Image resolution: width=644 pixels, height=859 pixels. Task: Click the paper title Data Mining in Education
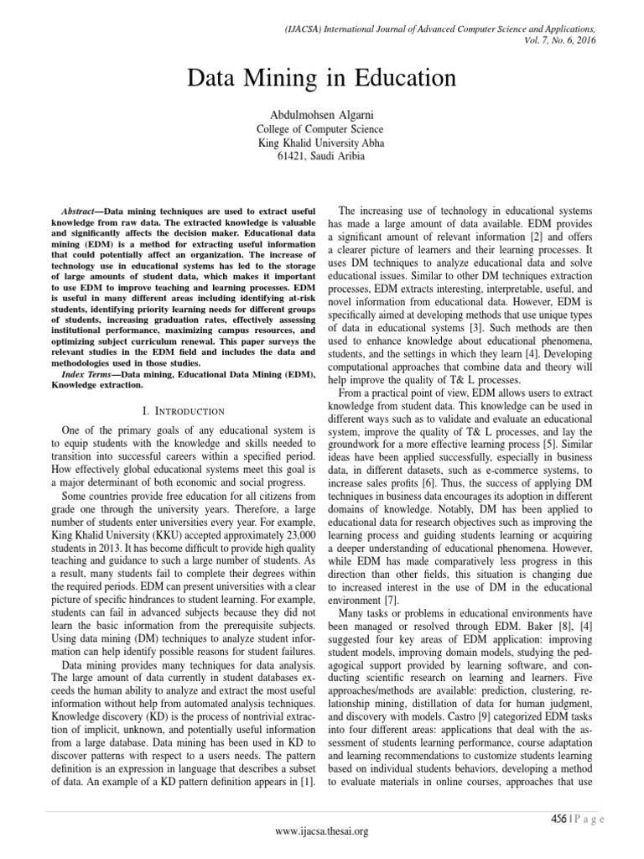coord(322,80)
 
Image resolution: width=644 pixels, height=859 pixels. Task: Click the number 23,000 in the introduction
coord(290,511)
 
